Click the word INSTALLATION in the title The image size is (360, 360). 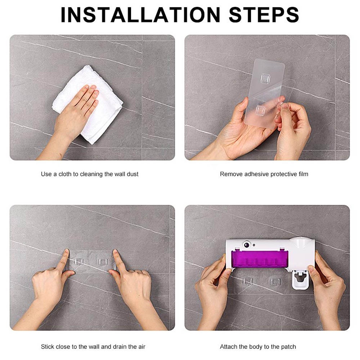140,15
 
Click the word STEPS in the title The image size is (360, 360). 264,15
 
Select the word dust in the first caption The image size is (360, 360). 132,174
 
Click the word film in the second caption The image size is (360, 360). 303,174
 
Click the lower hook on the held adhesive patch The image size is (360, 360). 260,110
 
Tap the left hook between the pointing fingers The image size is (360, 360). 79,261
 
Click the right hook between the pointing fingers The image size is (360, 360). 103,261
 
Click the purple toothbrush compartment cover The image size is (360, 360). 260,259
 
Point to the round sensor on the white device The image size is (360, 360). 247,244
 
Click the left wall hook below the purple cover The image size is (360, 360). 248,282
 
